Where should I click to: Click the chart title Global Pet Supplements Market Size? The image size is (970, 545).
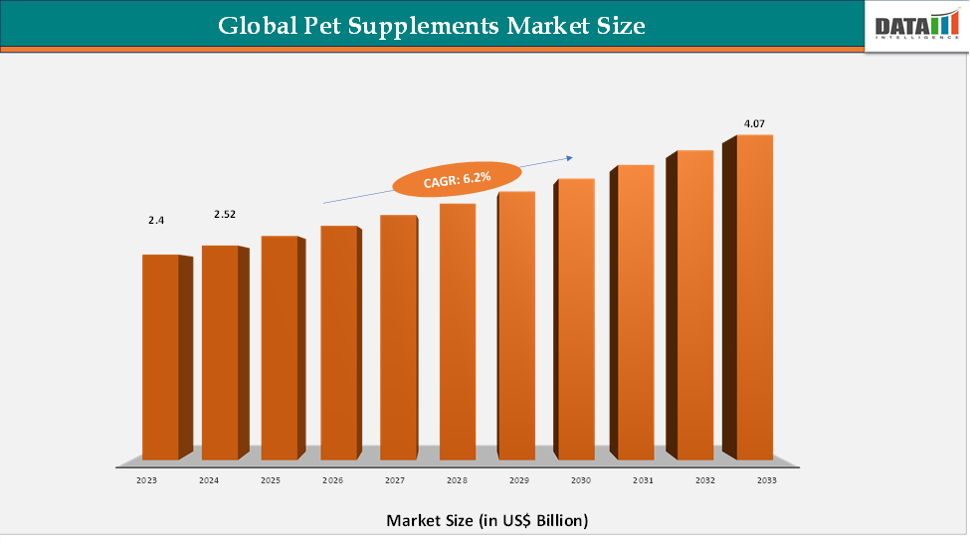click(432, 25)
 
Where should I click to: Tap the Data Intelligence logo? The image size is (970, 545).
click(915, 26)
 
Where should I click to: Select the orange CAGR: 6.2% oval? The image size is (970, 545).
click(456, 178)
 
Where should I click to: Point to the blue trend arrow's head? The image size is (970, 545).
click(571, 156)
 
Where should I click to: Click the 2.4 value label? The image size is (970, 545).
click(156, 220)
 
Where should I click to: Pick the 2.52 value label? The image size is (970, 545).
click(225, 214)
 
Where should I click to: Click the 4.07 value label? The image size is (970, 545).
click(754, 123)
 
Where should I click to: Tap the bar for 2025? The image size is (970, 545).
click(280, 347)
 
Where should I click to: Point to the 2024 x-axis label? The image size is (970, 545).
click(209, 480)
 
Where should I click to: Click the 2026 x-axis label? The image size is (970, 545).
click(332, 480)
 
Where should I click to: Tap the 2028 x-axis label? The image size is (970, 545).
click(457, 480)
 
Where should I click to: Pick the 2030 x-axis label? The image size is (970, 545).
click(580, 480)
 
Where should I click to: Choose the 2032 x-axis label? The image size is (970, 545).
click(704, 480)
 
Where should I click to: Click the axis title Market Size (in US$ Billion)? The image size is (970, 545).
click(486, 520)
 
